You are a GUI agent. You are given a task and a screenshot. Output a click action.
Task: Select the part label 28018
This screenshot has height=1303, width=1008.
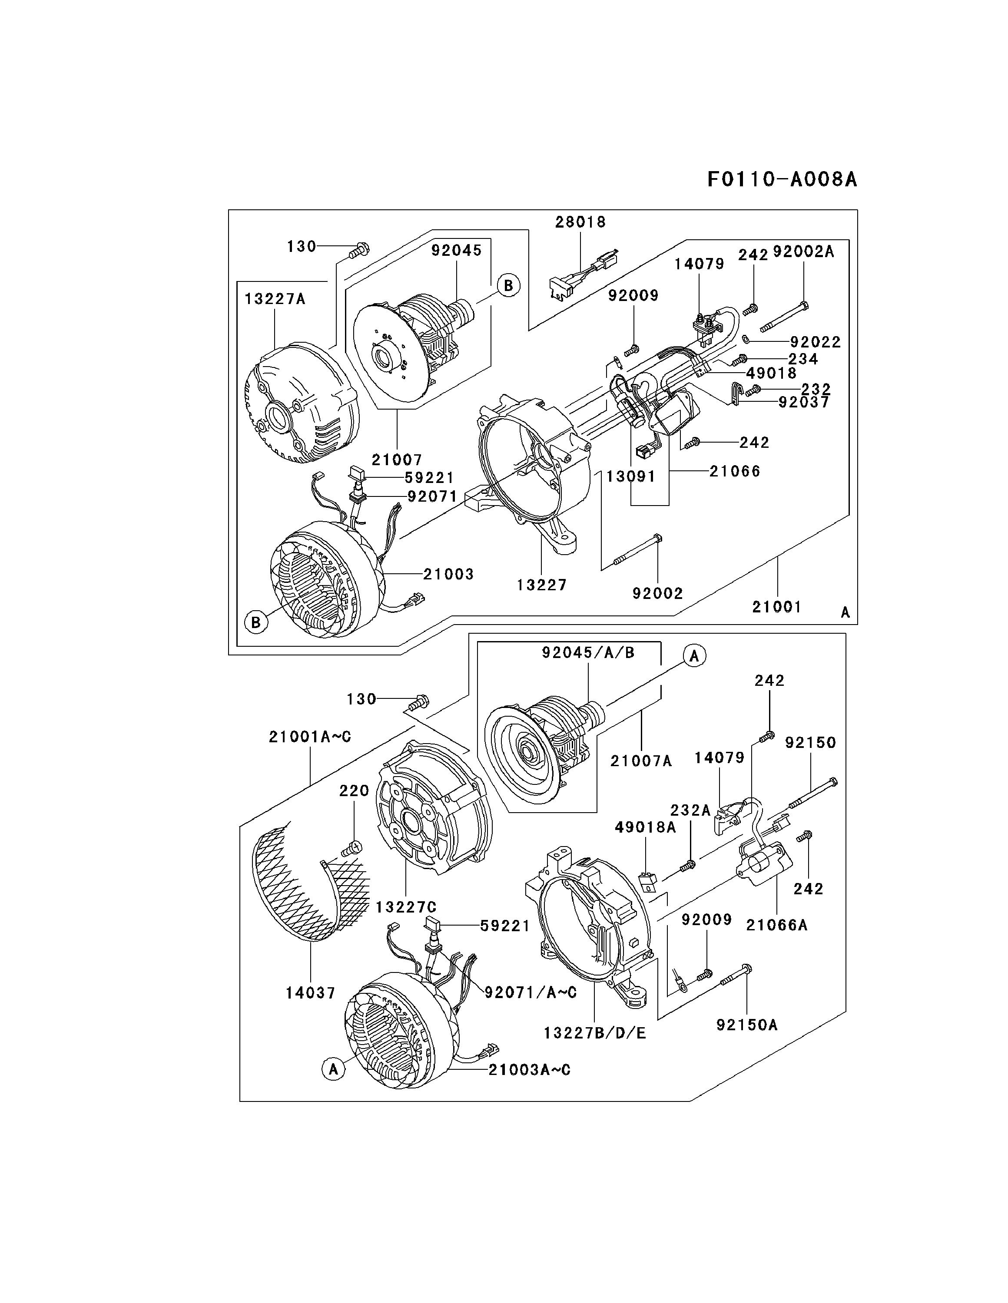580,222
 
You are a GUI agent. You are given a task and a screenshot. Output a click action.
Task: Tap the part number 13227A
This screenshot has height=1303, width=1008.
275,299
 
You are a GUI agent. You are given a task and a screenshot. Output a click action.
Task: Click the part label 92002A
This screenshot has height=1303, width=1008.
803,252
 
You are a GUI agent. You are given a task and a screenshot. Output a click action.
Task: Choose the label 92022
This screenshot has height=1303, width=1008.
815,342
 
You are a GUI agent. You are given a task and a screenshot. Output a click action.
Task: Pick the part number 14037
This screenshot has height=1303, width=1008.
310,993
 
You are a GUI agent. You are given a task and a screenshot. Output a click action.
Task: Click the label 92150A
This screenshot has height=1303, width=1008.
747,1025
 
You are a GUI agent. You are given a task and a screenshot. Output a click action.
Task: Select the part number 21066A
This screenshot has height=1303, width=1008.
776,924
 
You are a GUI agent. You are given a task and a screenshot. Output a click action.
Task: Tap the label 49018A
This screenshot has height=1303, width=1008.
646,827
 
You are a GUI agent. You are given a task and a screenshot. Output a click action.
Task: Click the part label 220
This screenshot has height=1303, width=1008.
355,790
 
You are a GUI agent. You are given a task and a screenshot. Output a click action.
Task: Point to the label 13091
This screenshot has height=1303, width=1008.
631,477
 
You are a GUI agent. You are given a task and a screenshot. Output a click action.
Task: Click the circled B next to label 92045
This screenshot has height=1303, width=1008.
508,285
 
